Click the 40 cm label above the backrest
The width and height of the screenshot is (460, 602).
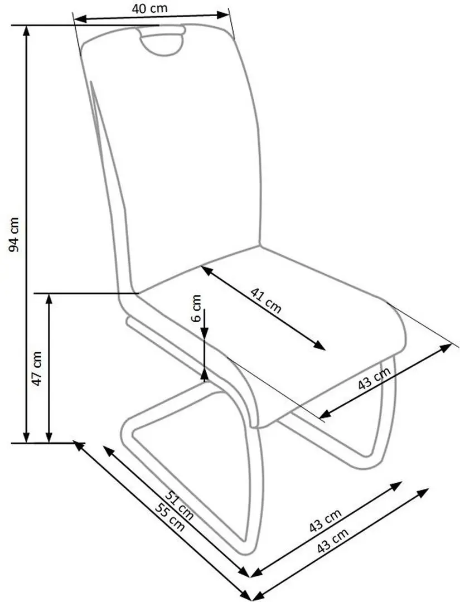[150, 8]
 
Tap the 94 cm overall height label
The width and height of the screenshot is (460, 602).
[14, 235]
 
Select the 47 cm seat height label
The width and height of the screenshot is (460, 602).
[36, 368]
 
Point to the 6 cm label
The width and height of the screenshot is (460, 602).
[196, 308]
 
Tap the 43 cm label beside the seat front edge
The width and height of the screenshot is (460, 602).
[374, 378]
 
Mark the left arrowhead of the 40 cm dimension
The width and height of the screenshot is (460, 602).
[79, 18]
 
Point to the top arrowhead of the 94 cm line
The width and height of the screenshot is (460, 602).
[27, 31]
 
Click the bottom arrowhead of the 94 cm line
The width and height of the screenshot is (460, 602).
[27, 436]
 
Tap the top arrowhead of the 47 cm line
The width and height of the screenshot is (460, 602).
[49, 299]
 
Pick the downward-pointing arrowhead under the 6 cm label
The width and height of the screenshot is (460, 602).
[205, 333]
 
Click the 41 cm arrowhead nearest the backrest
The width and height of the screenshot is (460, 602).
[206, 270]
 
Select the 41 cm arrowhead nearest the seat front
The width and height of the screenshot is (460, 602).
[320, 345]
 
